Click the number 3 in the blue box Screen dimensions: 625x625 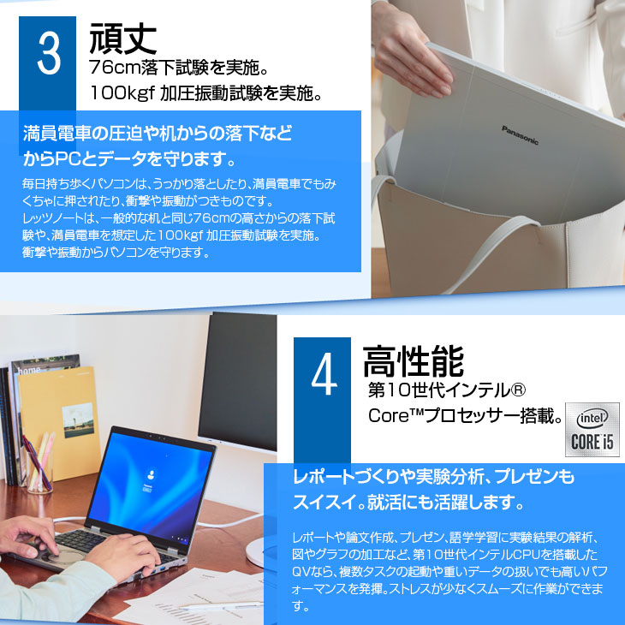[x=50, y=55]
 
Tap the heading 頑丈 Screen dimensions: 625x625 [x=122, y=39]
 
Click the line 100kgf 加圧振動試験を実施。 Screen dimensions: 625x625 [x=206, y=92]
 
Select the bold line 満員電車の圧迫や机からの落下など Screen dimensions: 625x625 [x=158, y=134]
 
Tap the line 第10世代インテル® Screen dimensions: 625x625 [x=445, y=392]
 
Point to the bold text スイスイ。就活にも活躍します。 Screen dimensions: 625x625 [x=407, y=500]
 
